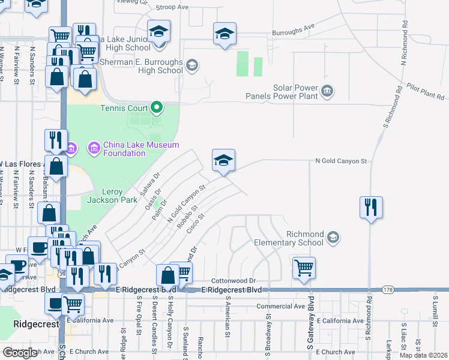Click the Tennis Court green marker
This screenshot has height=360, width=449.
coord(157,109)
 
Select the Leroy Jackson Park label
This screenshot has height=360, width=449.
coord(112,196)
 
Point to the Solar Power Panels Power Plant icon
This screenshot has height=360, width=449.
coord(327,92)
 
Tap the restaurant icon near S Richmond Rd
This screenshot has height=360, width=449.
coord(371,208)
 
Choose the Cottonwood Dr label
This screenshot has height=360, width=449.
coord(234,280)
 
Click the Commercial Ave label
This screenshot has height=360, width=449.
coord(281,306)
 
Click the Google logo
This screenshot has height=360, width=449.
coord(20,352)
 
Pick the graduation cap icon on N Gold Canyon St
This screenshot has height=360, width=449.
coord(223,160)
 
